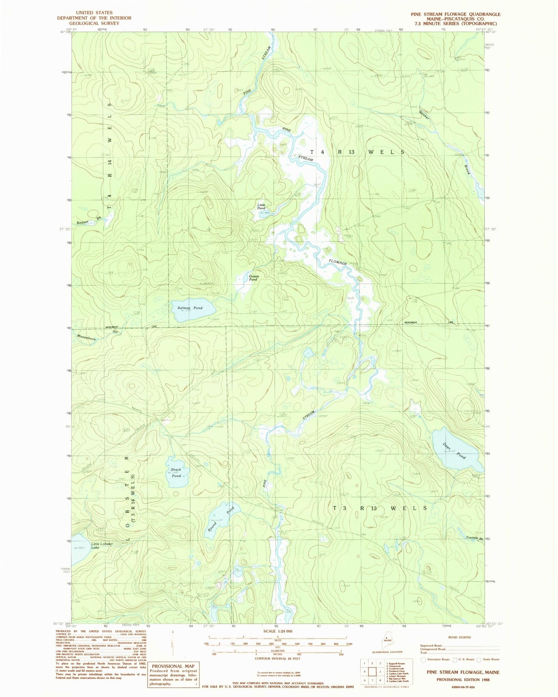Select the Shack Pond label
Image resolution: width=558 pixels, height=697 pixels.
(x=176, y=472)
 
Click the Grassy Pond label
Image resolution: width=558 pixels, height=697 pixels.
(x=253, y=278)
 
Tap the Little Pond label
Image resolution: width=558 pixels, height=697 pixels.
(x=261, y=206)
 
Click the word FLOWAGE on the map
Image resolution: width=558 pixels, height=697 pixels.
(x=338, y=262)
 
